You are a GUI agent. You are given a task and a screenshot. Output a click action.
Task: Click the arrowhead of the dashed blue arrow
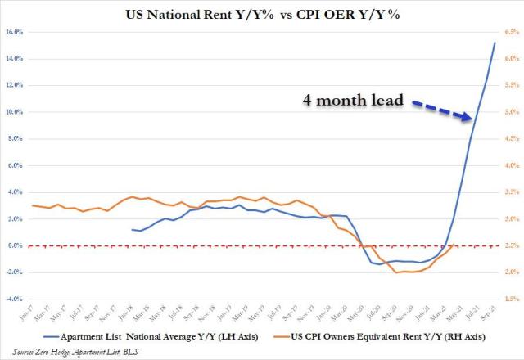click(x=469, y=119)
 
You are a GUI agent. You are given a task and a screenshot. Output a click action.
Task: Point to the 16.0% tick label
click(x=14, y=32)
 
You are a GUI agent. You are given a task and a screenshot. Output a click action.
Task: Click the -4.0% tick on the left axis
click(x=14, y=299)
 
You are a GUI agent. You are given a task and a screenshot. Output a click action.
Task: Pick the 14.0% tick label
click(x=14, y=59)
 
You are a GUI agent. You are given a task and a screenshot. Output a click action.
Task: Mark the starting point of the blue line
click(x=132, y=230)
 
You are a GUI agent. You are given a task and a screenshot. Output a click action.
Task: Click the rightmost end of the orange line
click(x=454, y=245)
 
